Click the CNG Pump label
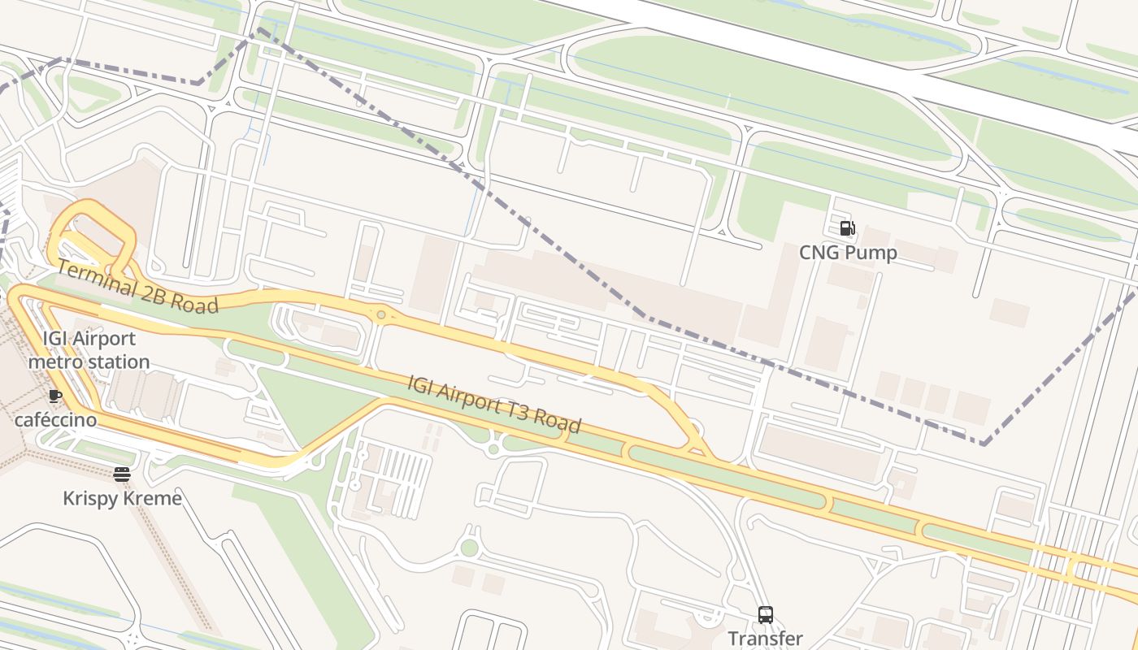(x=848, y=253)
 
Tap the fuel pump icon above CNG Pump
(x=847, y=228)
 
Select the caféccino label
(x=55, y=420)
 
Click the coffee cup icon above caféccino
(x=54, y=396)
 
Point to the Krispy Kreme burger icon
(x=122, y=474)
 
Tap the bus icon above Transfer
(x=765, y=615)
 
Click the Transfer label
(x=765, y=639)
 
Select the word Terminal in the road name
(x=97, y=279)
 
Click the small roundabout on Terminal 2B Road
(x=380, y=314)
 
